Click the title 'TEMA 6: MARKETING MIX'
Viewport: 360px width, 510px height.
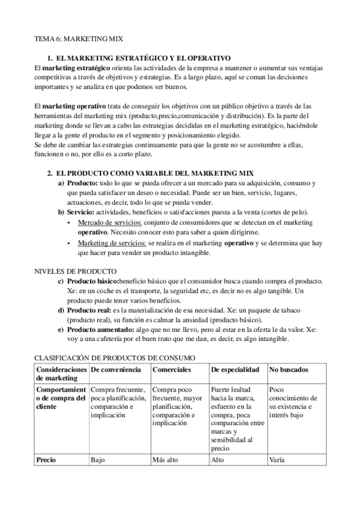(x=79, y=38)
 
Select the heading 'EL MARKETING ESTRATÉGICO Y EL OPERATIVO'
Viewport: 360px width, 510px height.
(x=142, y=58)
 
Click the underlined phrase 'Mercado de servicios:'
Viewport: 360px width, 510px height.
(x=110, y=223)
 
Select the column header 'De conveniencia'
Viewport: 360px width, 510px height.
(x=116, y=369)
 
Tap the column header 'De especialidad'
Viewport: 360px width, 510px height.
(x=236, y=369)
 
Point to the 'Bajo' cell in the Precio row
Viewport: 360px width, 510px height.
(x=97, y=461)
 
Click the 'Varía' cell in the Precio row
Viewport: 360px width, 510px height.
(x=277, y=461)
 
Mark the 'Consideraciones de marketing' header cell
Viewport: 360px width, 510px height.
(x=61, y=373)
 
